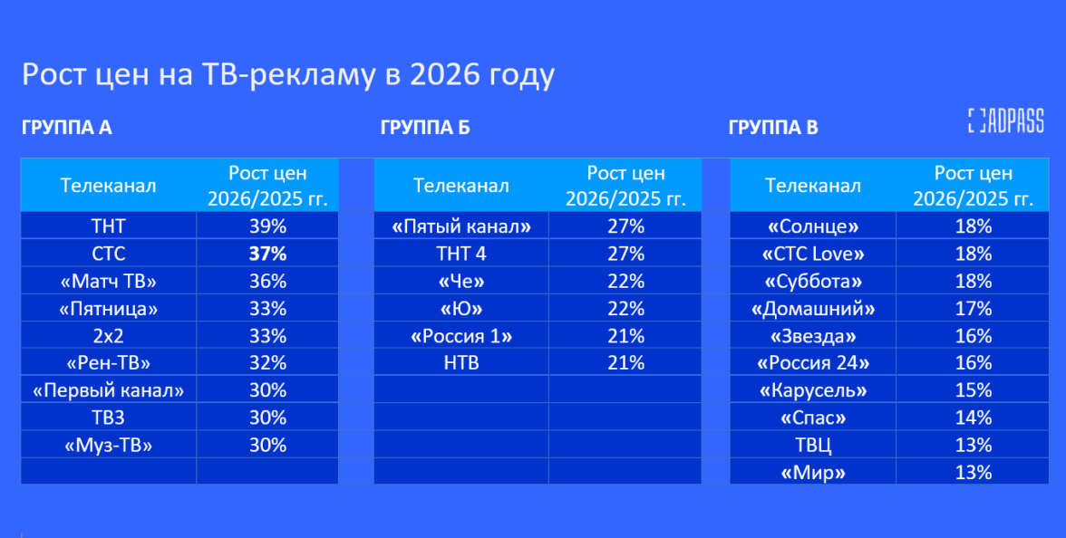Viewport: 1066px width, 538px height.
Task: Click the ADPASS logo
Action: (x=1005, y=120)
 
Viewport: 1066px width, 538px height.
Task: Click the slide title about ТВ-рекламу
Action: (x=288, y=74)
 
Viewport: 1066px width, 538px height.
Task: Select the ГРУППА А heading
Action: (x=67, y=127)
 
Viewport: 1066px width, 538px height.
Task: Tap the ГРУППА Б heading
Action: (x=425, y=127)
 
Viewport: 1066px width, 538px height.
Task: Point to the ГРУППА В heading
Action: (x=773, y=127)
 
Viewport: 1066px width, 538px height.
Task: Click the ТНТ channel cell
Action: (x=109, y=226)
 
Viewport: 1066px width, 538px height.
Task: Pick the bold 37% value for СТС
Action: (x=268, y=254)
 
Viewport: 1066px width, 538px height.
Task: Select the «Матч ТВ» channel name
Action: (x=109, y=281)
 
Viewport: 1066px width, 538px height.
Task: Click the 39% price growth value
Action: (x=268, y=226)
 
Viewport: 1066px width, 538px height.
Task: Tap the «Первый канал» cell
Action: (x=109, y=390)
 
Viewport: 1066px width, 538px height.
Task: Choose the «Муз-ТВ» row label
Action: (x=109, y=445)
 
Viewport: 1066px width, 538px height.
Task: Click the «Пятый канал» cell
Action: (x=461, y=226)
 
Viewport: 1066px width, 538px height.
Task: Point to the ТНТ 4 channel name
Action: (x=461, y=254)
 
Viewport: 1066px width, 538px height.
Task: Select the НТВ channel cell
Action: (x=461, y=362)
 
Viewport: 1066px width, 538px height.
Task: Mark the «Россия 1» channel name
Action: (x=461, y=335)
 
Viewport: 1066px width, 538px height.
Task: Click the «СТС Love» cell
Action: (x=813, y=254)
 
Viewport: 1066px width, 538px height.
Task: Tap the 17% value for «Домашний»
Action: (x=974, y=308)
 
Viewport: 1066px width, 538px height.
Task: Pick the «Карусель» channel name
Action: (x=813, y=390)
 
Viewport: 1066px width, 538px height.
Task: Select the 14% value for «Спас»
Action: (x=974, y=418)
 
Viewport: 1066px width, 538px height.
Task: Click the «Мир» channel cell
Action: (x=813, y=472)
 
